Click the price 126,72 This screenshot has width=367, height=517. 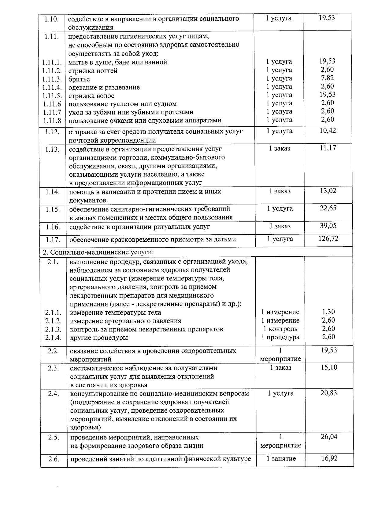pyautogui.click(x=328, y=239)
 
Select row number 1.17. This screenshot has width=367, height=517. pyautogui.click(x=53, y=240)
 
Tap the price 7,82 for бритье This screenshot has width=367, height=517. pyautogui.click(x=327, y=78)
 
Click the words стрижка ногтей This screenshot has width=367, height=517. pyautogui.click(x=93, y=71)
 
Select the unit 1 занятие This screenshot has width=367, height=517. pyautogui.click(x=281, y=458)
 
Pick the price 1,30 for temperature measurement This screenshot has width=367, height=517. pyautogui.click(x=328, y=312)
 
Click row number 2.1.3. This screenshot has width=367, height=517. pyautogui.click(x=53, y=330)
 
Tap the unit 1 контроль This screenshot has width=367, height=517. pyautogui.click(x=280, y=329)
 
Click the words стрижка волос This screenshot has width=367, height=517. pyautogui.click(x=91, y=96)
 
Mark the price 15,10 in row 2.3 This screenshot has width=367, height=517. pyautogui.click(x=329, y=367)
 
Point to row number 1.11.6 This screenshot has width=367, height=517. pyautogui.click(x=52, y=104)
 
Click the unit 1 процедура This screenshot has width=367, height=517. pyautogui.click(x=280, y=337)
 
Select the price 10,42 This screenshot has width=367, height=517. pyautogui.click(x=328, y=131)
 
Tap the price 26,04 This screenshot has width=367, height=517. pyautogui.click(x=329, y=437)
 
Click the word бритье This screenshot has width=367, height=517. pyautogui.click(x=79, y=79)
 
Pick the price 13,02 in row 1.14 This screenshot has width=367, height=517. pyautogui.click(x=328, y=191)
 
